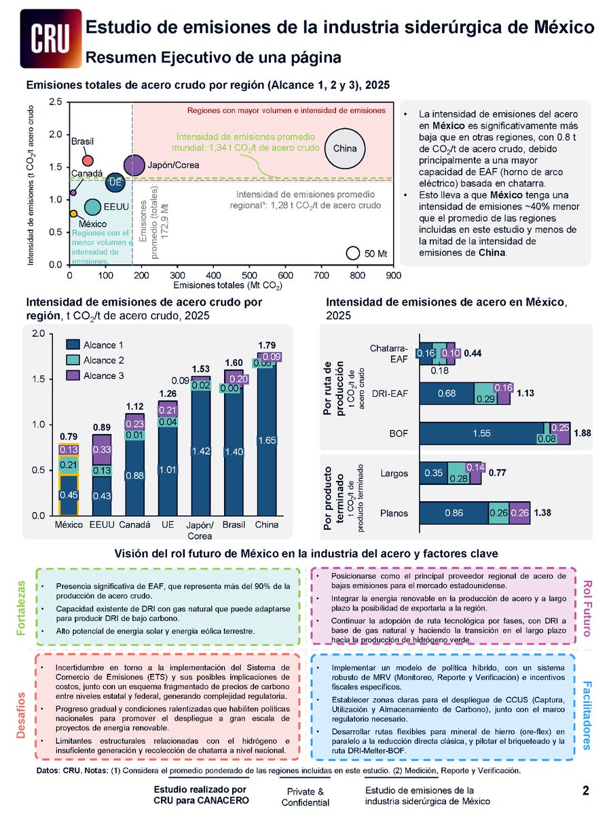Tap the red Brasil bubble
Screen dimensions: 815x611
tap(88, 160)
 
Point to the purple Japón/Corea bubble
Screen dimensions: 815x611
tap(134, 164)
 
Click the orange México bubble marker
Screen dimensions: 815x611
tap(73, 214)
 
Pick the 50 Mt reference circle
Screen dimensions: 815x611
tap(352, 253)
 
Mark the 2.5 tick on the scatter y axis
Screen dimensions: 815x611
tap(58, 103)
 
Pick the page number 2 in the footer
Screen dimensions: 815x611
tap(585, 790)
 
